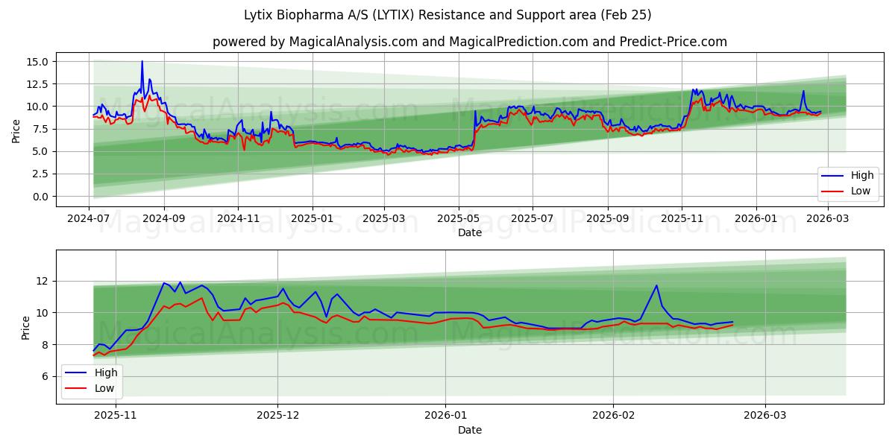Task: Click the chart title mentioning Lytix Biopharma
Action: [x=447, y=15]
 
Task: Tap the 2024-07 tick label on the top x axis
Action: [x=89, y=219]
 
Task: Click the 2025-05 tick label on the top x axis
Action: [x=459, y=219]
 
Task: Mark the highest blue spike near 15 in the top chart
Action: [x=142, y=62]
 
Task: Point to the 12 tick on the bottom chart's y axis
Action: [x=43, y=281]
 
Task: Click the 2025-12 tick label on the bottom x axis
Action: [x=277, y=416]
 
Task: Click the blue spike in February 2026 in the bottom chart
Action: [x=656, y=285]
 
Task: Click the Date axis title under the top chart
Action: [x=470, y=232]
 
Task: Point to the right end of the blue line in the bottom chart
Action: [x=732, y=322]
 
